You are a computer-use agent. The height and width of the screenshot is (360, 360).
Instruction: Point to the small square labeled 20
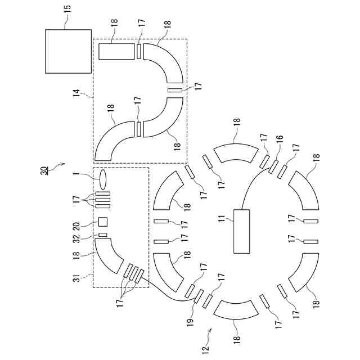click(x=103, y=221)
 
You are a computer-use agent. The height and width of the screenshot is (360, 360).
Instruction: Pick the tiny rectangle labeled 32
click(x=103, y=235)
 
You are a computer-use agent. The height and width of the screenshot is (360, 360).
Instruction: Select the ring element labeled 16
click(x=273, y=166)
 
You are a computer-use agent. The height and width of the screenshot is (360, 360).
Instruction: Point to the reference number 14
click(x=76, y=92)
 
